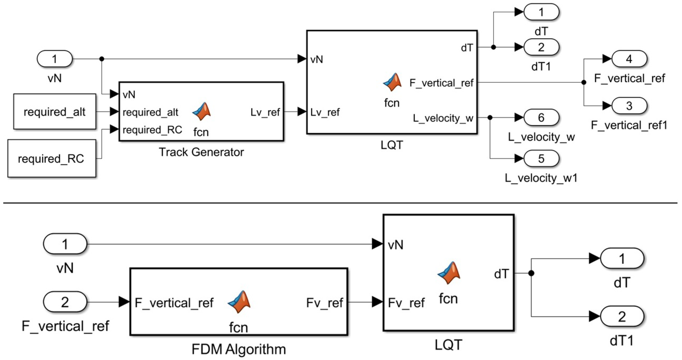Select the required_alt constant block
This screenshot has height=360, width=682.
point(55,112)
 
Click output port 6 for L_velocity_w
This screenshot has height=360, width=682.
point(541,117)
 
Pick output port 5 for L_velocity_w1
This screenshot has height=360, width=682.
point(541,158)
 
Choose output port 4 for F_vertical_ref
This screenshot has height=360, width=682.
point(629,59)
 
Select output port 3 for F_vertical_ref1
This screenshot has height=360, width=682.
point(629,106)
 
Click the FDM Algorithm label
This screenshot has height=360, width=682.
point(239,349)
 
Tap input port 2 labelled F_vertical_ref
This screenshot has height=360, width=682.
point(65,302)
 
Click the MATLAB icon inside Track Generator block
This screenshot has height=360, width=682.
point(202,112)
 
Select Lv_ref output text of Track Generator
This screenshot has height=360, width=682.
point(265,112)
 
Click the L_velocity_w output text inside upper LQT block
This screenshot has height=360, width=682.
point(443,118)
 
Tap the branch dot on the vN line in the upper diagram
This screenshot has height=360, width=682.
point(102,59)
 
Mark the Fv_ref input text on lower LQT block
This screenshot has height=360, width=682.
point(406,303)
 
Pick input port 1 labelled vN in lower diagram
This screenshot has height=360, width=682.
point(65,244)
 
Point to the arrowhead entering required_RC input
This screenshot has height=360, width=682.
point(114,129)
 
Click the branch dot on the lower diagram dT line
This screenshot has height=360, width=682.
point(531,273)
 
